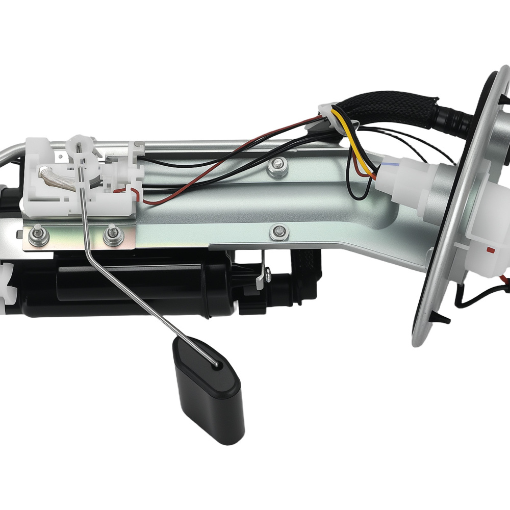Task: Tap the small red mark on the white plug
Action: (490, 249)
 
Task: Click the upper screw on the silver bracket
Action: (277, 164)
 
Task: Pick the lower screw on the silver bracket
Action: (278, 233)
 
